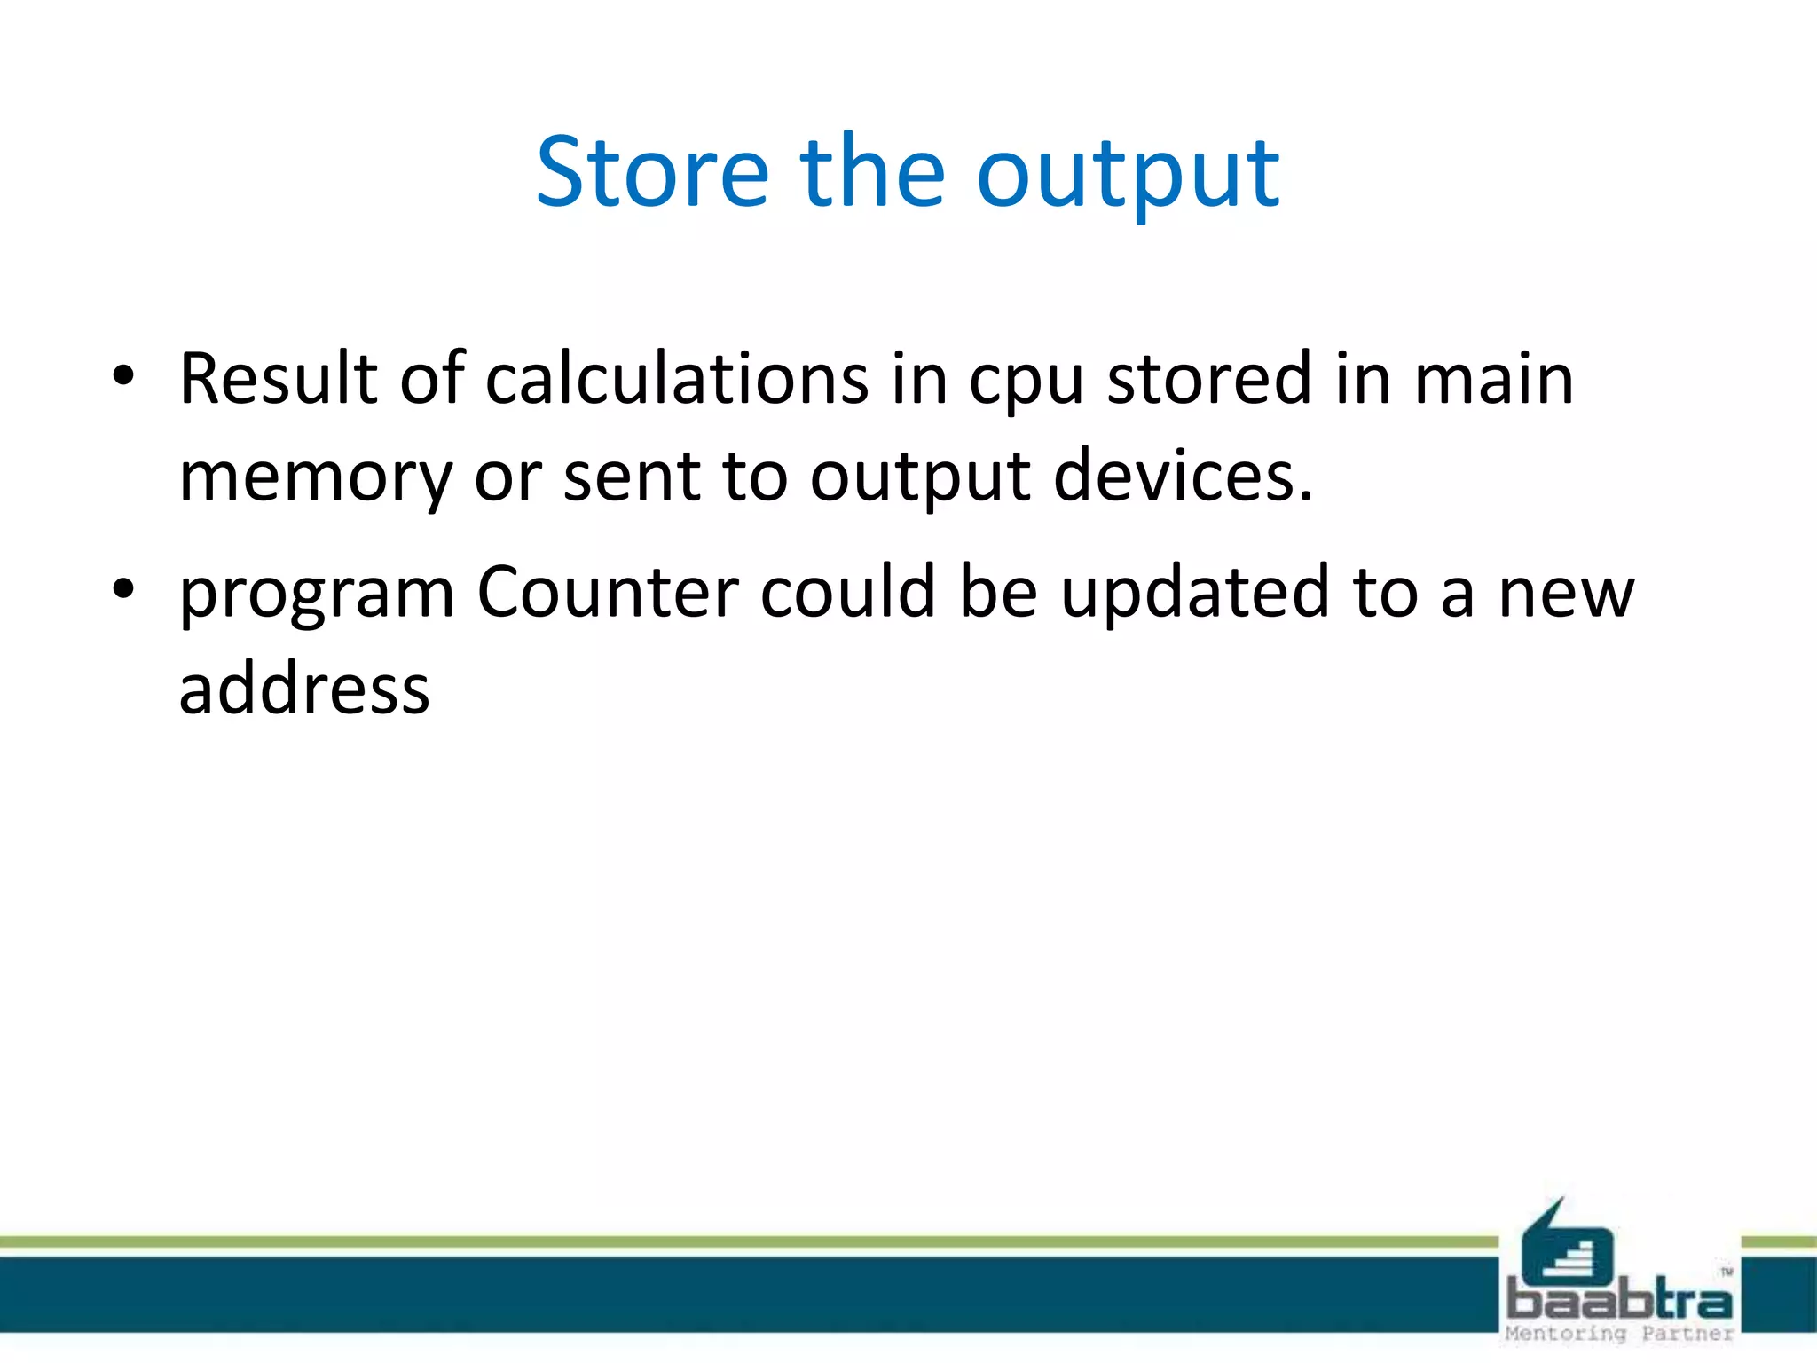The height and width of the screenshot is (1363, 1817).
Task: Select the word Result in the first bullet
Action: tap(279, 379)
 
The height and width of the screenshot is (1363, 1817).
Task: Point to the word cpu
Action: tap(1026, 383)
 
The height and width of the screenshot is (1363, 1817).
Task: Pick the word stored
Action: tap(1209, 379)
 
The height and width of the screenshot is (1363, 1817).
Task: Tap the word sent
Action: tap(632, 477)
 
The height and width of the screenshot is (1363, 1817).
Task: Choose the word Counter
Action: tap(608, 592)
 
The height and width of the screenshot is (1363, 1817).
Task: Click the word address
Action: tap(304, 689)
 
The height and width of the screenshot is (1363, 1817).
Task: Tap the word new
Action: tap(1565, 595)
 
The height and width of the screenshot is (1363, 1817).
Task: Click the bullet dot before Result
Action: tap(123, 376)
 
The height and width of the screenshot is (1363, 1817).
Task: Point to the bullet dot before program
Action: tap(123, 587)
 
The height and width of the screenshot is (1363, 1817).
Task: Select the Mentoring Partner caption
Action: tap(1619, 1334)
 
